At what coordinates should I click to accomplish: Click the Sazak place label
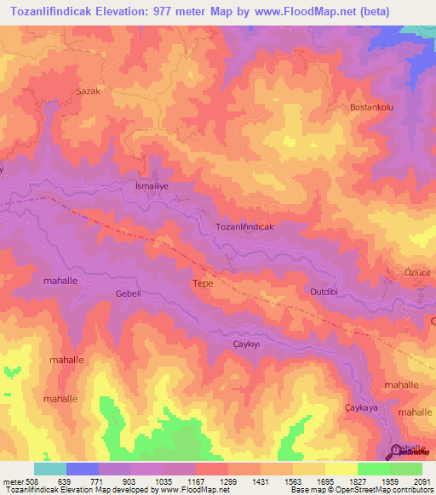[89, 89]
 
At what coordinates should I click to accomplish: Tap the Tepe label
[203, 283]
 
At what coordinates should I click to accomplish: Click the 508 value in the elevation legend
[27, 481]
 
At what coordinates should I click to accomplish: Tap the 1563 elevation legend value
[294, 481]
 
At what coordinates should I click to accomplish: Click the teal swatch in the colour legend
[49, 469]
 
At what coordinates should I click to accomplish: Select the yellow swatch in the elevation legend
[341, 469]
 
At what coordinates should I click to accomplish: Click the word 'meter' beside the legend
[9, 481]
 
